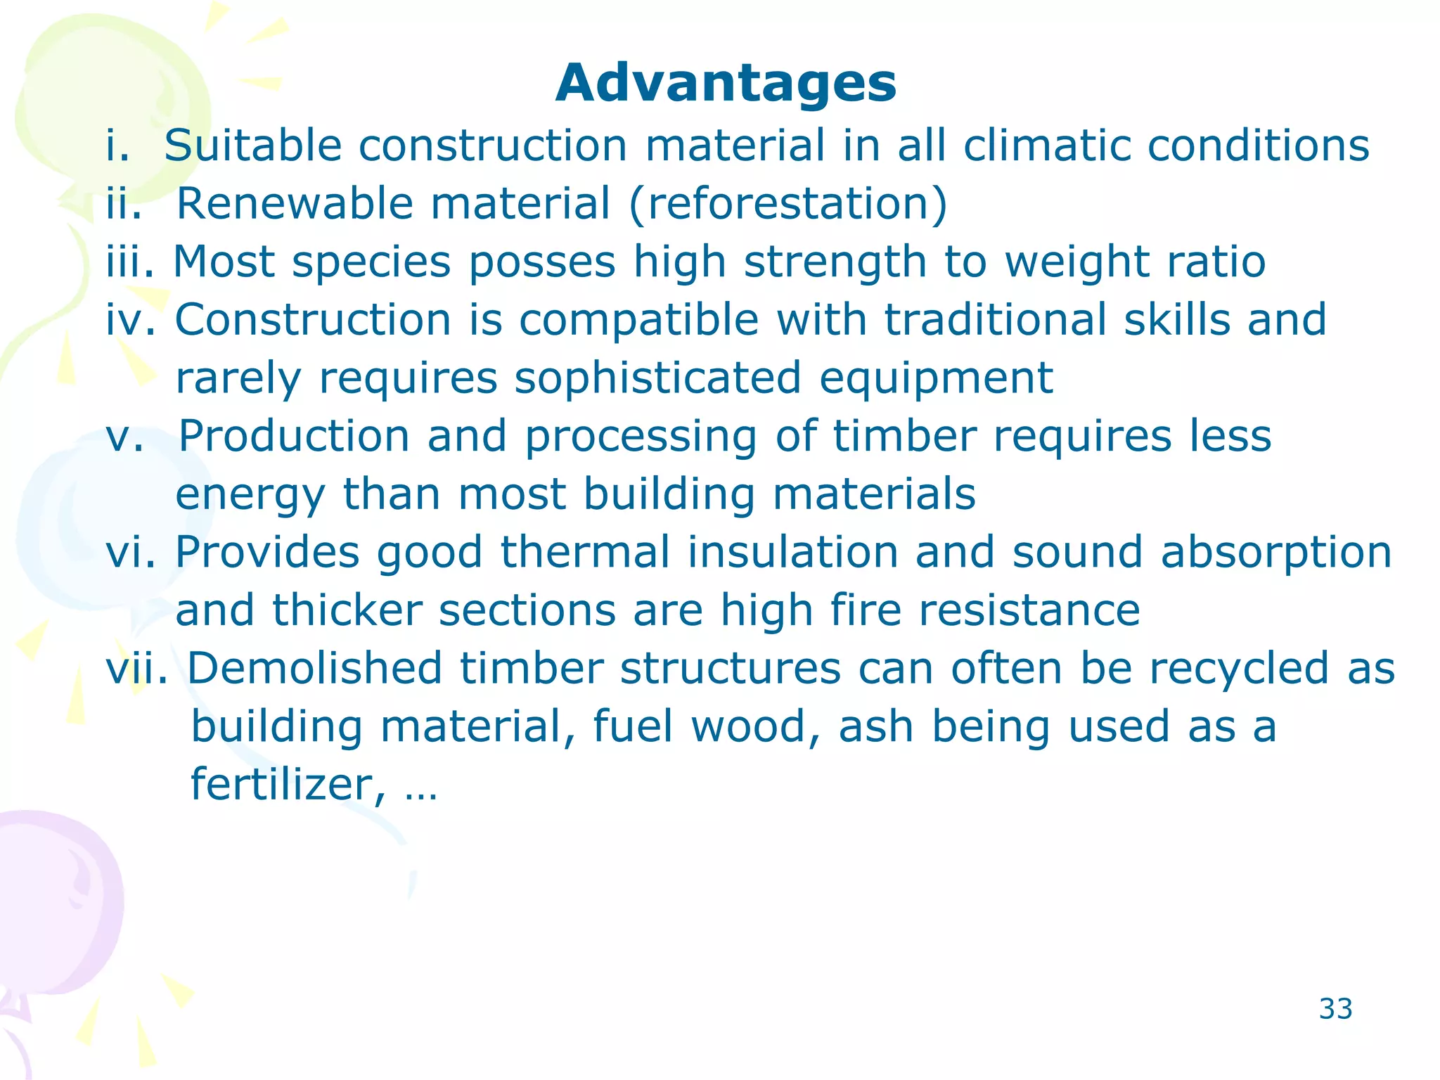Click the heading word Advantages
(726, 84)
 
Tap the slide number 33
(1335, 1009)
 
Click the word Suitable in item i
(253, 146)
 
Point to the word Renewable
(295, 204)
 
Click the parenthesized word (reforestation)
(788, 205)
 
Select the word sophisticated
(657, 378)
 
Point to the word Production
(294, 436)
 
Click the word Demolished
(314, 668)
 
